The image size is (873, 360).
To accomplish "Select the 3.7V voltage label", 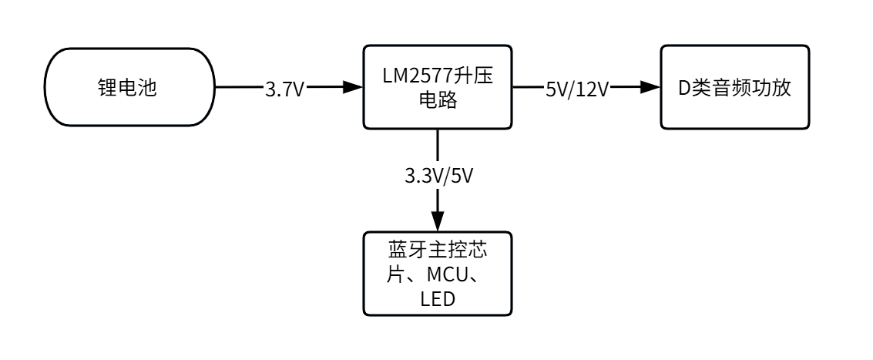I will tap(284, 89).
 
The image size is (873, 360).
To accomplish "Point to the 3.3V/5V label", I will tap(438, 175).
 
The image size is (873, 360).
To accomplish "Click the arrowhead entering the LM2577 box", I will tap(354, 88).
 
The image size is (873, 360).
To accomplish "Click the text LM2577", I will tap(417, 76).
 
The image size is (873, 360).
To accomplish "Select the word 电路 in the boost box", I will tap(438, 100).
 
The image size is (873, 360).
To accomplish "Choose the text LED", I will tap(438, 298).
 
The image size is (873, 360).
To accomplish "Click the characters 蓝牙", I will tap(400, 251).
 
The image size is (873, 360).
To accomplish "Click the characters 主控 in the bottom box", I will tap(438, 251).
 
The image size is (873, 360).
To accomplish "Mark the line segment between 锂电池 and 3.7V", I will tap(239, 88).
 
